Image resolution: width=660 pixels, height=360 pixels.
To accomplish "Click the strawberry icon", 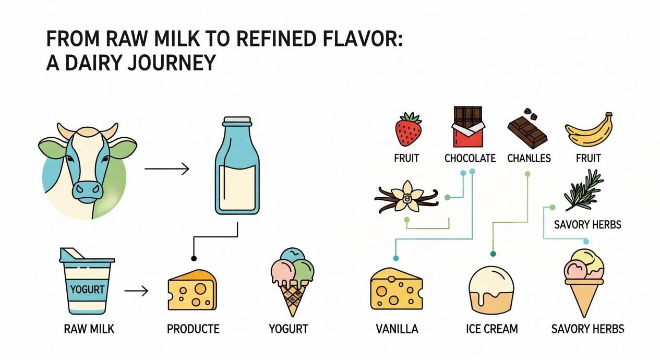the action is pos(408,129).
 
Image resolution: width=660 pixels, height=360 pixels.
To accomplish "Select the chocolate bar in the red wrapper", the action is pos(468,127).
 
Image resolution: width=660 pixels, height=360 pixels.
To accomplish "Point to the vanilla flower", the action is pos(407,196).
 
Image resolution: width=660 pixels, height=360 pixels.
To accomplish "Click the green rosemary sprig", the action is pos(583,190).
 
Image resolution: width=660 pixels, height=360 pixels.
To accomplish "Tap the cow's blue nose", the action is pos(88,191).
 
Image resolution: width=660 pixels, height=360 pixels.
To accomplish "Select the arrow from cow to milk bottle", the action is pos(167,169).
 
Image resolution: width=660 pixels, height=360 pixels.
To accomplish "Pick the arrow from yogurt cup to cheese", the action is pos(136,291).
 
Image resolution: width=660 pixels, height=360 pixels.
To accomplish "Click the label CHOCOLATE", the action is pos(470,159).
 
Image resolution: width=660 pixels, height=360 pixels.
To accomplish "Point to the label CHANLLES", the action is pos(529,159).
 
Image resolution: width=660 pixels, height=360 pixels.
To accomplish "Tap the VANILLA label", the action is pos(397,329).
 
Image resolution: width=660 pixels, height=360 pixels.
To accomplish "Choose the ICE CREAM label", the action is pos(492,329).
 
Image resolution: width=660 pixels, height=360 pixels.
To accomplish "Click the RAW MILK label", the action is pos(89,329).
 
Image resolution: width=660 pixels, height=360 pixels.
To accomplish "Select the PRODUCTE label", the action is pos(193,329).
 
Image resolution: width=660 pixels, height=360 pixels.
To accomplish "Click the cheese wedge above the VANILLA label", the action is pos(397,289).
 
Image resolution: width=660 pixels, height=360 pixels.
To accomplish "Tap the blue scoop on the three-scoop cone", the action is pos(292,255).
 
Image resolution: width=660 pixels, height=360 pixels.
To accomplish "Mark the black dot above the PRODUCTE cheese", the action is pos(194,258).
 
